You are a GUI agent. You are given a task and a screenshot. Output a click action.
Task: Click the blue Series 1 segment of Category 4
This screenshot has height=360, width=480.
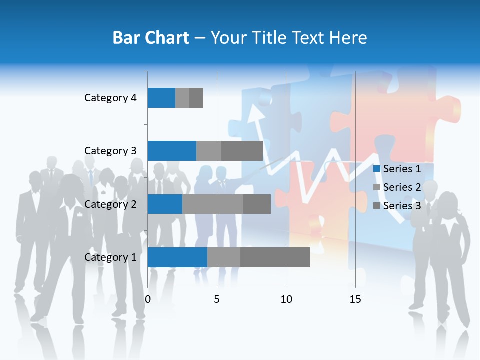click(x=161, y=98)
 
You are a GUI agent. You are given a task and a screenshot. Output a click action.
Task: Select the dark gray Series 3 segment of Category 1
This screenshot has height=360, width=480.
click(x=275, y=257)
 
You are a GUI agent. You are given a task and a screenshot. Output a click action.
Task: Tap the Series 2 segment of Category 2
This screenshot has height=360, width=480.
click(x=213, y=204)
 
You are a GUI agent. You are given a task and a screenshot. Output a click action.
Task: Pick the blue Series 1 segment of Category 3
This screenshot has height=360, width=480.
click(x=172, y=151)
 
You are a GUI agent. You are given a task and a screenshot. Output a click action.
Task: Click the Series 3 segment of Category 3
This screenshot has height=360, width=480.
click(x=242, y=151)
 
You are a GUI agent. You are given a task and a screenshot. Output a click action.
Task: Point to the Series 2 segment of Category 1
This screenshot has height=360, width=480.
click(x=223, y=257)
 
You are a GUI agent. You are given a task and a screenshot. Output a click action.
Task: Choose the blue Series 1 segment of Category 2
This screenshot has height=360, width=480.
click(x=165, y=204)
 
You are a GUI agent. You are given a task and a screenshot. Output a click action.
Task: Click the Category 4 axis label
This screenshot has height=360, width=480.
click(x=110, y=98)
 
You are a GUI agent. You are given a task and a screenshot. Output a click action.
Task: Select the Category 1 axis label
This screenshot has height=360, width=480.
click(x=110, y=257)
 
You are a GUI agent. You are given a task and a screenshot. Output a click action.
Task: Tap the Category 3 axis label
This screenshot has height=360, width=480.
click(x=110, y=151)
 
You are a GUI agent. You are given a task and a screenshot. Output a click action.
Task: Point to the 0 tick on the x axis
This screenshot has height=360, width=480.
click(x=148, y=299)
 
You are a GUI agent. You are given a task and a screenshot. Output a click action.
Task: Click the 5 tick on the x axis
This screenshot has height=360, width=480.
click(x=217, y=299)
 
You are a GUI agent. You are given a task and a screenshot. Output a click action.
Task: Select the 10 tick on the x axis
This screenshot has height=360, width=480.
click(x=286, y=299)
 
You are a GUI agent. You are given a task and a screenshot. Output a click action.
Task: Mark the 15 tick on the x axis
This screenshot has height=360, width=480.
click(x=355, y=299)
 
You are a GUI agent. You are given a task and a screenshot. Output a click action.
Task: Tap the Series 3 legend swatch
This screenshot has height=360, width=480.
click(x=377, y=206)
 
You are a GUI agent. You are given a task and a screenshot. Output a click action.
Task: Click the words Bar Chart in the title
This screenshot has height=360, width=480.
click(x=151, y=38)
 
